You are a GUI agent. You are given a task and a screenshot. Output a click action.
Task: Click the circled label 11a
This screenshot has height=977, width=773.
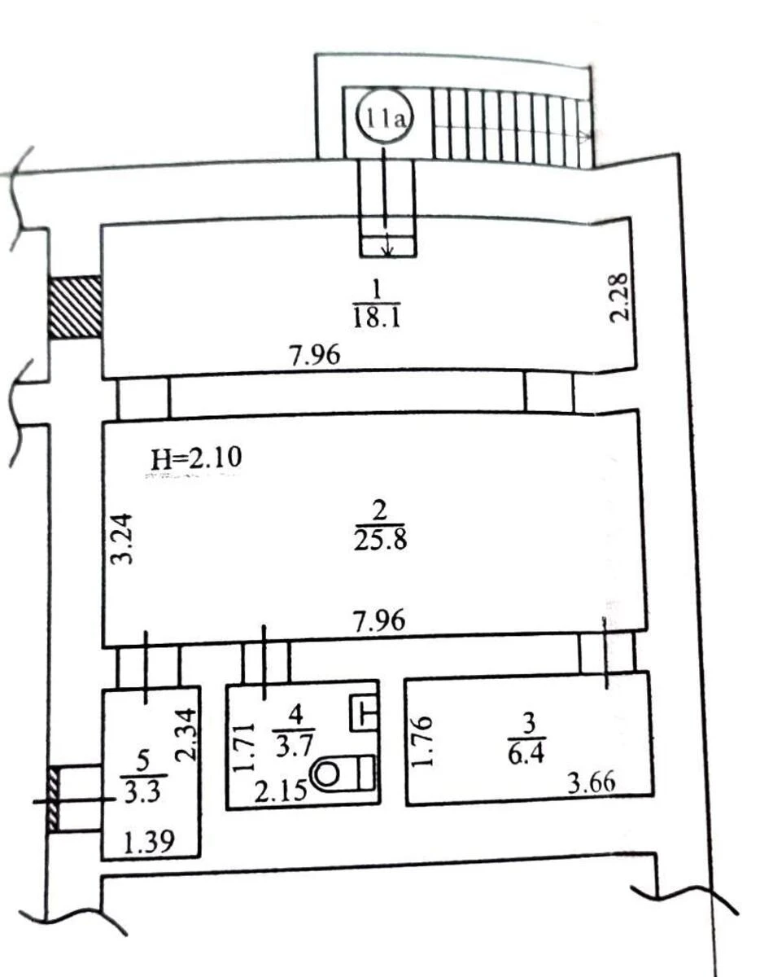coord(386,120)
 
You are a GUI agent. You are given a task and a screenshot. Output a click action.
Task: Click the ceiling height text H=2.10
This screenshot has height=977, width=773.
coord(196,459)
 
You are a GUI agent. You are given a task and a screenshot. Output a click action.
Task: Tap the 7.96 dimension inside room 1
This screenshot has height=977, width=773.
coord(313,356)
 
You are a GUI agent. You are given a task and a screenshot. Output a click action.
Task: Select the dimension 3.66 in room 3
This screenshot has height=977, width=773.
coord(591,783)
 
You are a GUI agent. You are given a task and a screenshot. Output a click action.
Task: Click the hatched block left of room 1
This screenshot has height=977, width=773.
coord(75,309)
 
